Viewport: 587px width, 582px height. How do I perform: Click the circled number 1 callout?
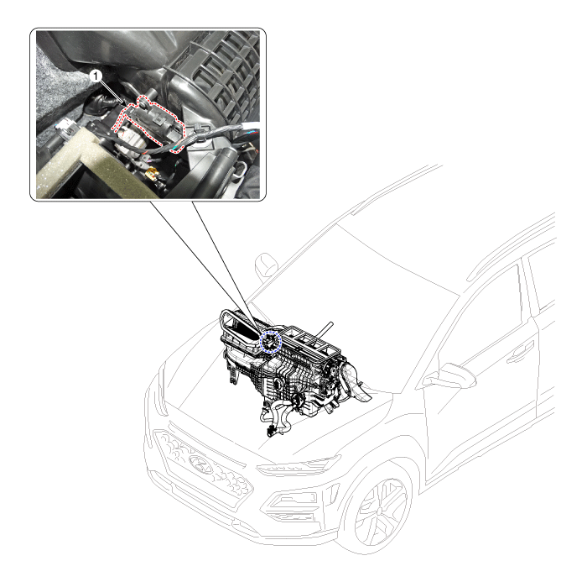[x=96, y=76]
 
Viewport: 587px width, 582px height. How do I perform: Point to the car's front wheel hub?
[x=380, y=511]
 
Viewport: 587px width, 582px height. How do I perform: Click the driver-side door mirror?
[x=450, y=376]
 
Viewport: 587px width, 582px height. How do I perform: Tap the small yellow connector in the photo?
[x=152, y=172]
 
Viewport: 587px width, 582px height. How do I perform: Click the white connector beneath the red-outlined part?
[x=129, y=139]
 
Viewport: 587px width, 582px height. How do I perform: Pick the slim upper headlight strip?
[x=299, y=464]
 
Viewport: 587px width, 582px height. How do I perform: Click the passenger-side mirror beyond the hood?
[x=266, y=265]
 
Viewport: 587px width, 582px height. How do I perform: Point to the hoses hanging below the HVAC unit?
[x=278, y=417]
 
